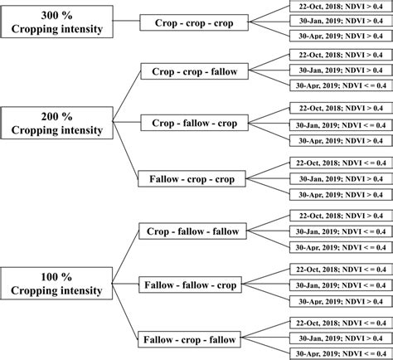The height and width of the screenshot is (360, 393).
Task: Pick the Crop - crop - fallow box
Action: [195, 72]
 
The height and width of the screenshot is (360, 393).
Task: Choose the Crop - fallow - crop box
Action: [195, 124]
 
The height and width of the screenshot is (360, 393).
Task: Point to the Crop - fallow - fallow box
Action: [194, 231]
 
